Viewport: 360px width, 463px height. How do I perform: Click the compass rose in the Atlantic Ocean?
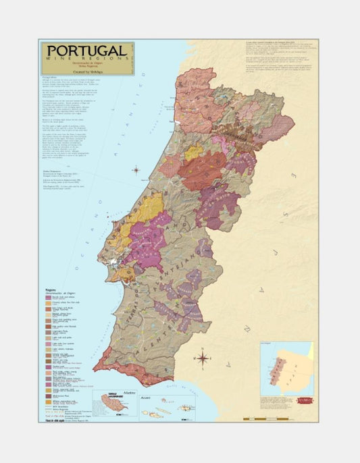(136, 170)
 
